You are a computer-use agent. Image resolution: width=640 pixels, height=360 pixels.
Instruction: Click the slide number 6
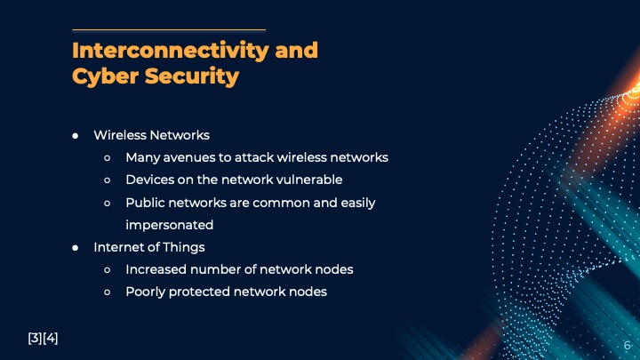pyautogui.click(x=627, y=345)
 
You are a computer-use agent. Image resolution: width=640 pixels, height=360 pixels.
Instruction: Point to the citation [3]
pyautogui.click(x=35, y=338)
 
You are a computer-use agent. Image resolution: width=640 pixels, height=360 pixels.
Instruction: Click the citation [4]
pyautogui.click(x=51, y=338)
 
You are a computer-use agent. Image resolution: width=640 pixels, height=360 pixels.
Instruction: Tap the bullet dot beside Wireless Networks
pyautogui.click(x=76, y=136)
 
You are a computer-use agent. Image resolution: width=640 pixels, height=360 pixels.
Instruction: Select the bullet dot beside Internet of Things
pyautogui.click(x=76, y=248)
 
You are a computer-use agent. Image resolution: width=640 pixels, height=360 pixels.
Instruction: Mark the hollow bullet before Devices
pyautogui.click(x=107, y=180)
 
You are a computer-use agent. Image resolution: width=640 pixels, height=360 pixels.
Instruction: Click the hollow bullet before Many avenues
pyautogui.click(x=107, y=158)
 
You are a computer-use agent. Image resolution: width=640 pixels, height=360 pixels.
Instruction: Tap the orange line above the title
pyautogui.click(x=169, y=29)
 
